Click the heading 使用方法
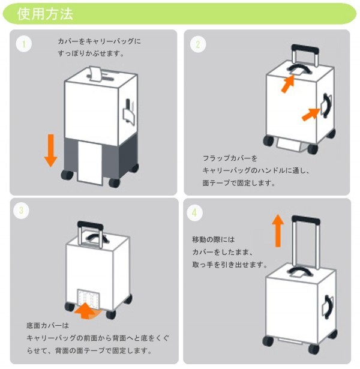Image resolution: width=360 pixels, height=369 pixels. tap(45, 14)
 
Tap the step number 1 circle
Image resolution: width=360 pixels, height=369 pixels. tap(24, 44)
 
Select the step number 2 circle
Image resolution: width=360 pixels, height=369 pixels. tap(198, 44)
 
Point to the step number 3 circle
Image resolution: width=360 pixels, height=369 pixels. tap(21, 211)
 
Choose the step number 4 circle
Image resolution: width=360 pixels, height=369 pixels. tap(194, 213)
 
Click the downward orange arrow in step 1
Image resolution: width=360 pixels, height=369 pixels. tap(51, 151)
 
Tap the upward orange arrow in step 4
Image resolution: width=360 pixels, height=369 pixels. tap(278, 230)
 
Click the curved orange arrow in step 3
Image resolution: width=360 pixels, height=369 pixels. tap(86, 311)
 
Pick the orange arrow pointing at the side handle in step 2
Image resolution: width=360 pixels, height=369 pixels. tap(311, 115)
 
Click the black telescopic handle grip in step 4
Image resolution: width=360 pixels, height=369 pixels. tap(306, 220)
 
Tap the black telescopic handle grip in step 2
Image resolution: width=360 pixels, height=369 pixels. tap(305, 49)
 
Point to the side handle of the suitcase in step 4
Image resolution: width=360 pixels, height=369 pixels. tap(328, 307)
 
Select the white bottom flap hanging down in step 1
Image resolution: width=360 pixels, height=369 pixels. tap(90, 163)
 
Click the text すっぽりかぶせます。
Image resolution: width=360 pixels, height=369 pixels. tap(91, 53)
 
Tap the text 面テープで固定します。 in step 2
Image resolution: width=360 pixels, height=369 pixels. tap(239, 183)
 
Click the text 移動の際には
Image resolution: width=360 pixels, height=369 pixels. tap(214, 239)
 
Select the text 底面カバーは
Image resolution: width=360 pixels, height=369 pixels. tap(47, 325)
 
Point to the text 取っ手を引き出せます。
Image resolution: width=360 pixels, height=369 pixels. tap(230, 265)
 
